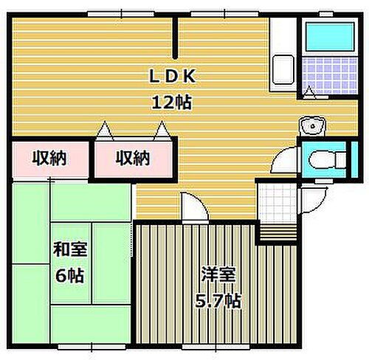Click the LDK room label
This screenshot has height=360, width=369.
(x=174, y=77)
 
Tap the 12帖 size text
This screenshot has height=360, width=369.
(x=174, y=102)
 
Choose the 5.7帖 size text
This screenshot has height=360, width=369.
(x=218, y=300)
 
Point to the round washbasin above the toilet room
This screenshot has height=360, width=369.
(x=313, y=125)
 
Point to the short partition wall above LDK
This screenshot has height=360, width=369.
(x=175, y=37)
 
